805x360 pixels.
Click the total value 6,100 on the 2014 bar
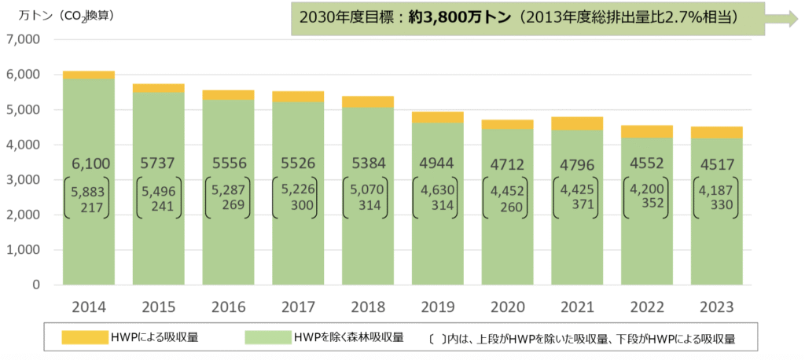[x=88, y=163]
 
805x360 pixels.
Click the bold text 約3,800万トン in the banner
[x=464, y=17]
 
